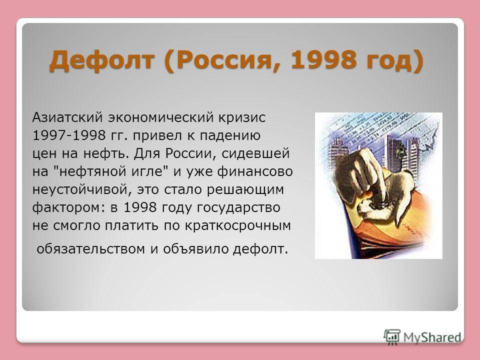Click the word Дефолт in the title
pyautogui.click(x=101, y=60)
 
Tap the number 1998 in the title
pyautogui.click(x=324, y=59)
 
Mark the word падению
pyautogui.click(x=230, y=136)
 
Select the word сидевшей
pyautogui.click(x=255, y=153)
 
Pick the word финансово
pyautogui.click(x=255, y=171)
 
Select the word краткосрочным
pyautogui.click(x=238, y=226)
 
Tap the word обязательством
pyautogui.click(x=90, y=249)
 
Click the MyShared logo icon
pyautogui.click(x=392, y=337)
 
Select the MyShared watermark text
pyautogui.click(x=432, y=337)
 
